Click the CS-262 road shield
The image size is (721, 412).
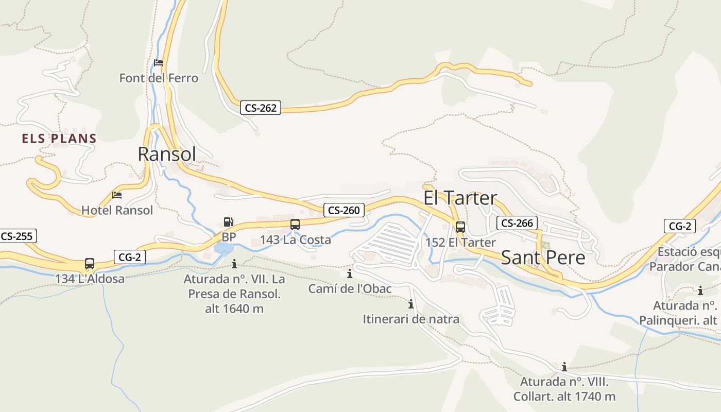point(260,108)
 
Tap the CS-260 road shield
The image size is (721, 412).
point(344,210)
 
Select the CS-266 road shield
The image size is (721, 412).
point(517,223)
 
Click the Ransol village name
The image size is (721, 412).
point(167,154)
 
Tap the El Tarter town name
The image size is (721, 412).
point(460,198)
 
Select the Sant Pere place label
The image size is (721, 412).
point(543,257)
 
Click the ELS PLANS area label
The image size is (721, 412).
point(59,139)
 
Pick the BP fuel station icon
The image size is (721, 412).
point(228,222)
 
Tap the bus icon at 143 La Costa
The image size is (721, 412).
point(295,225)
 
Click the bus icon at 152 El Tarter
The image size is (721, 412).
point(460,227)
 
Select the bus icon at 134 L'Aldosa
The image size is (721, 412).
point(90,264)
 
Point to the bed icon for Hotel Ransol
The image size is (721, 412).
point(117,195)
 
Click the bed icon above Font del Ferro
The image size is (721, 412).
point(159,63)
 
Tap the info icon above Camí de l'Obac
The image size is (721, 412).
point(350,273)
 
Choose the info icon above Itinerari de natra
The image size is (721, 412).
point(410,304)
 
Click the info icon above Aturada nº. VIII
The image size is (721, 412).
point(564,367)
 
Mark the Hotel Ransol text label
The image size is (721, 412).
point(117,210)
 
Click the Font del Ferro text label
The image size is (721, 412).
point(159,78)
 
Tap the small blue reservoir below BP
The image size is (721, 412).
point(223,249)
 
